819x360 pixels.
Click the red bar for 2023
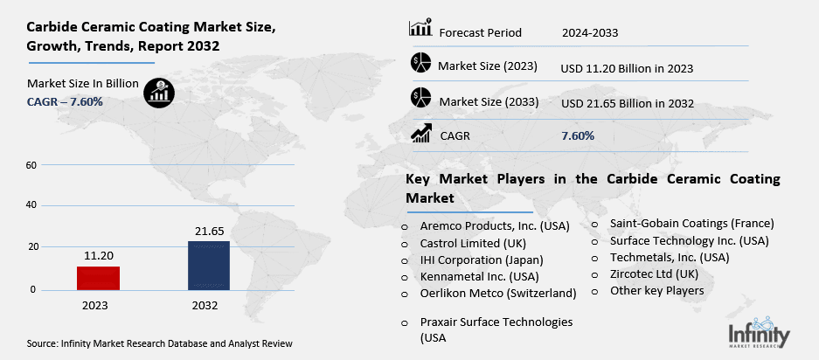[x=98, y=278]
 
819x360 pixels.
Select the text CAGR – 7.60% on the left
[x=65, y=101]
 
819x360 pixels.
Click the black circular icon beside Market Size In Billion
[x=158, y=91]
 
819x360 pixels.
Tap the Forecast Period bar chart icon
[x=420, y=28]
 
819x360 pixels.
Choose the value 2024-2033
[x=590, y=33]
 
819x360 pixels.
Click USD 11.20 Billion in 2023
[x=627, y=67]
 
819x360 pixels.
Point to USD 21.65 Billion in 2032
[x=627, y=103]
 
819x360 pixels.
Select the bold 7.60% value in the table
[x=578, y=135]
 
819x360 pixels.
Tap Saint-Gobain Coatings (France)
[x=692, y=224]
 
